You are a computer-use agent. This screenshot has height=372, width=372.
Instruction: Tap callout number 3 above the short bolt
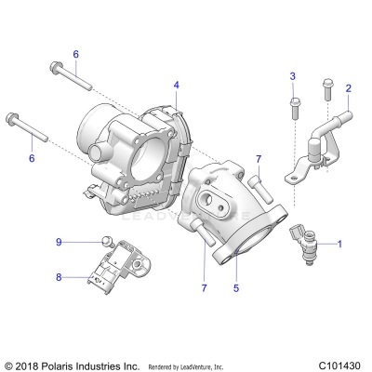(x=292, y=75)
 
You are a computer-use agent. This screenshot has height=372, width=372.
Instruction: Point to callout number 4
(x=176, y=86)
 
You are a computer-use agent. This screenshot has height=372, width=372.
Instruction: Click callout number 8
(x=59, y=276)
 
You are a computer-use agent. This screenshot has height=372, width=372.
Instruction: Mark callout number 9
(x=59, y=243)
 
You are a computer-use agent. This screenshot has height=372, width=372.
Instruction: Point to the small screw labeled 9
(x=105, y=242)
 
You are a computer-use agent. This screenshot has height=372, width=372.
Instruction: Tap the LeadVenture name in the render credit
(x=212, y=365)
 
